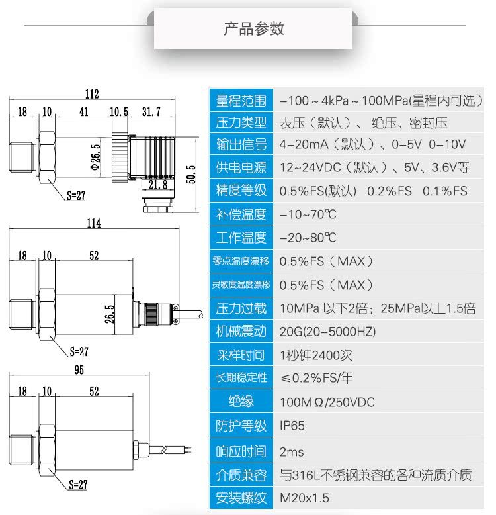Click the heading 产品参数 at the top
coord(254,28)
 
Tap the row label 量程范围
coord(241,101)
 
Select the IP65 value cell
coord(292,426)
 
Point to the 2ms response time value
coord(292,451)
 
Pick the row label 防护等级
coord(241,426)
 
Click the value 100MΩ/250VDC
coord(327,402)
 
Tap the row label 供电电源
coord(241,167)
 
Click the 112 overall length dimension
coord(91,94)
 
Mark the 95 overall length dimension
coord(79,370)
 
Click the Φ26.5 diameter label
coord(95,156)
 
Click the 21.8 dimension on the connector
coord(157,185)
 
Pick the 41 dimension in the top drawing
coord(83,111)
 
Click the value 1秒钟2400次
coord(316,355)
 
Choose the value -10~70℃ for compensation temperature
coord(308,214)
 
